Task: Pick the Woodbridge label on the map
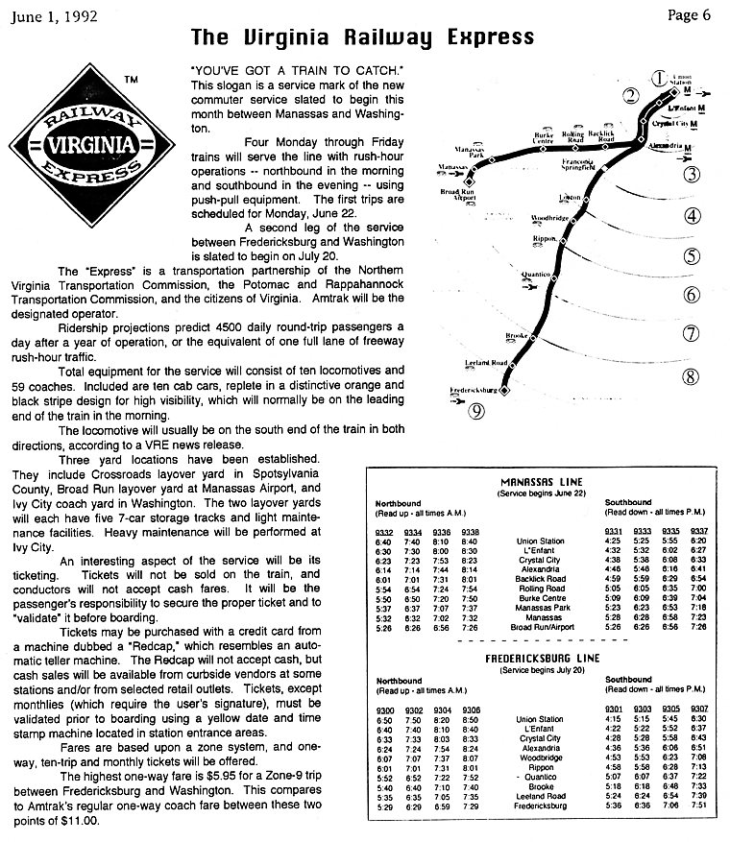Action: tap(550, 219)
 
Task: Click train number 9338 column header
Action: tap(471, 531)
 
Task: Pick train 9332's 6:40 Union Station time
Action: tap(384, 541)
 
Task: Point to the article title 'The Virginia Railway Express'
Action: tap(362, 37)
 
